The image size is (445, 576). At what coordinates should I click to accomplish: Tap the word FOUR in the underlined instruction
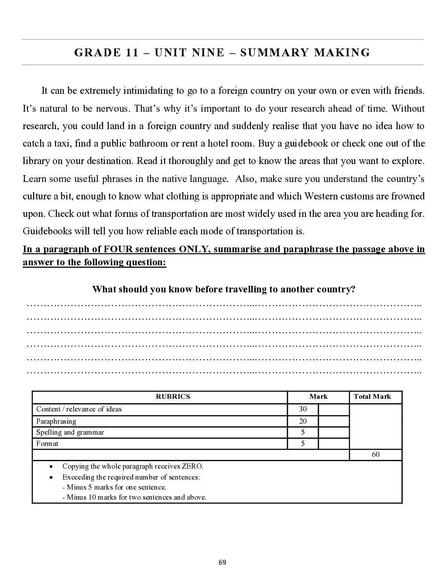pos(118,249)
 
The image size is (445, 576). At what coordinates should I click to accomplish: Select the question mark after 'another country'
pos(353,289)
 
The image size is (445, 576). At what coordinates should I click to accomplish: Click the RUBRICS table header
pos(173,397)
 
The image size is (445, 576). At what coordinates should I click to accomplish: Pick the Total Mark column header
pos(372,397)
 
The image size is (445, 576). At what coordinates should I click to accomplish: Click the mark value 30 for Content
pos(303,409)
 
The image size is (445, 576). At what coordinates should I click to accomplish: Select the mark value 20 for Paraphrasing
pos(303,421)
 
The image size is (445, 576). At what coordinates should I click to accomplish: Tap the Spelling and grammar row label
pos(70,432)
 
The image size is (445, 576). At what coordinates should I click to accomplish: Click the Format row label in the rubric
pos(47,444)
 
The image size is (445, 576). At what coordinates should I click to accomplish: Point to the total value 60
pos(376,455)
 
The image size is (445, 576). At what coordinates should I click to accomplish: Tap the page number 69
pos(222,562)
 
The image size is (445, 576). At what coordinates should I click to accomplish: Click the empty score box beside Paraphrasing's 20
pos(334,421)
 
